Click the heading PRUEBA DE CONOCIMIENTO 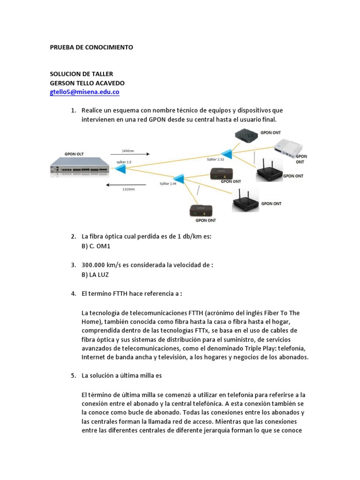pyautogui.click(x=91, y=47)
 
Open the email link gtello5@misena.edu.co pyautogui.click(x=84, y=92)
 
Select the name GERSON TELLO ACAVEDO pyautogui.click(x=90, y=83)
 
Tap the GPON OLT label pyautogui.click(x=75, y=154)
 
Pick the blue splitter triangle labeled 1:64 pyautogui.click(x=178, y=179)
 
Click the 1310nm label pyautogui.click(x=128, y=189)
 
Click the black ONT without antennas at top pyautogui.click(x=246, y=135)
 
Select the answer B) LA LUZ pyautogui.click(x=95, y=275)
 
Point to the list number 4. pyautogui.click(x=73, y=294)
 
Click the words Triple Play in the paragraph pyautogui.click(x=262, y=348)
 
